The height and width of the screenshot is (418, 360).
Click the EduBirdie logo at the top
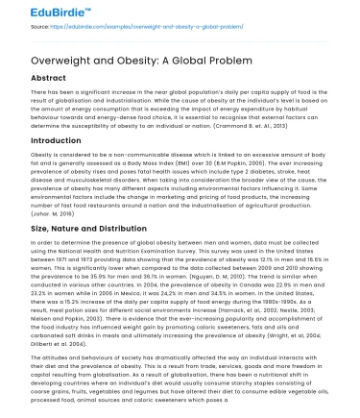click(x=38, y=12)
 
